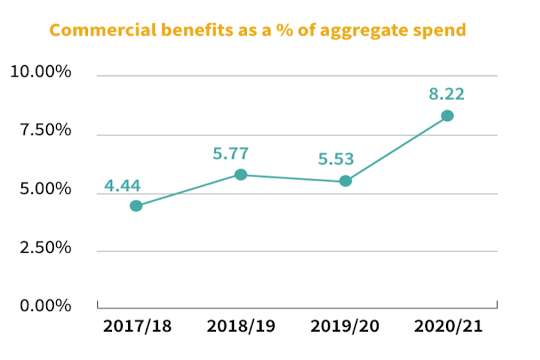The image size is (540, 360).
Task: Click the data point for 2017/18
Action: pyautogui.click(x=136, y=206)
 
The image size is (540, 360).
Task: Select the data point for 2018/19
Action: pyautogui.click(x=241, y=174)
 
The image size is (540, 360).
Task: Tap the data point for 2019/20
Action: pyautogui.click(x=345, y=181)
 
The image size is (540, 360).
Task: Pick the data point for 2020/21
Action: pyautogui.click(x=447, y=116)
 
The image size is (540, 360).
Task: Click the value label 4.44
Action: pyautogui.click(x=122, y=186)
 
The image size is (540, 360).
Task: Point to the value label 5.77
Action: pyautogui.click(x=231, y=153)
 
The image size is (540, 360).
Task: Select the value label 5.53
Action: pyautogui.click(x=336, y=159)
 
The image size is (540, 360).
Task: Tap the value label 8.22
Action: pyautogui.click(x=447, y=94)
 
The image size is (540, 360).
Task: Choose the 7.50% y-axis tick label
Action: pyautogui.click(x=45, y=131)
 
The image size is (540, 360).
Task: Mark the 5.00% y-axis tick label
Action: pyautogui.click(x=44, y=190)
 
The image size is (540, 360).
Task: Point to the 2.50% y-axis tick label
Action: pyautogui.click(x=45, y=247)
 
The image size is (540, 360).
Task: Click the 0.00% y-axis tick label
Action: pyautogui.click(x=45, y=306)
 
